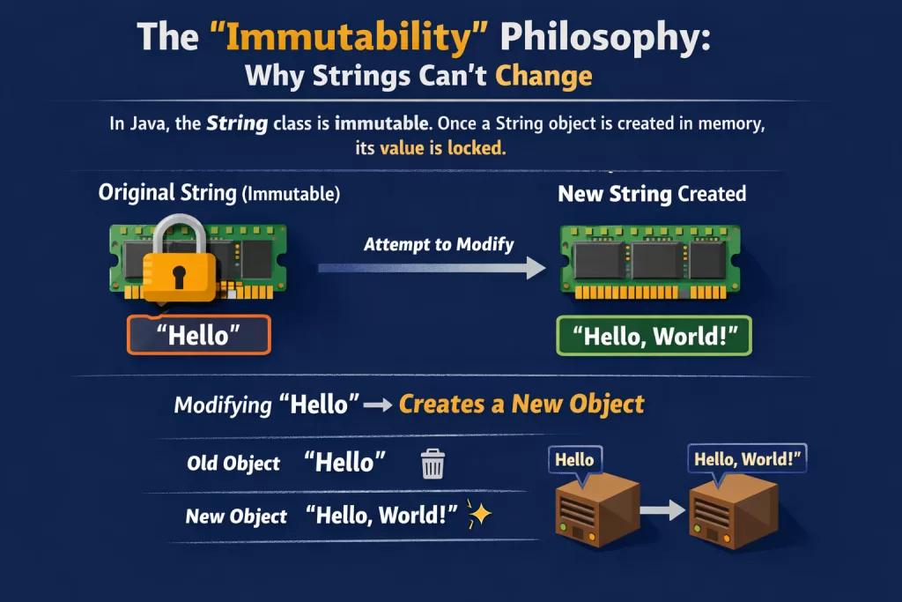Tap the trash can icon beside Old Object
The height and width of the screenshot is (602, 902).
(x=433, y=464)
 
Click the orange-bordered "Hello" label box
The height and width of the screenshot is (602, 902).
(x=199, y=335)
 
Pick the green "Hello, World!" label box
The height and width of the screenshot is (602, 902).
(x=654, y=336)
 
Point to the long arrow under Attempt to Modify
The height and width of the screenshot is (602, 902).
(x=432, y=268)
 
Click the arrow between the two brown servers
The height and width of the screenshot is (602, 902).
(x=662, y=510)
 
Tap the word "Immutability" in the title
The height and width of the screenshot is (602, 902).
(x=349, y=37)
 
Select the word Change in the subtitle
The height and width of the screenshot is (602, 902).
(x=543, y=77)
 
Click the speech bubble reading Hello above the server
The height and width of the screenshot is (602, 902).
(x=575, y=460)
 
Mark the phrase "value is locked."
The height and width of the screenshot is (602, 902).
(x=443, y=148)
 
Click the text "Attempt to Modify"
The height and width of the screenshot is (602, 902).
(x=439, y=245)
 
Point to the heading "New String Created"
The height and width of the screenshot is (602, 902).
(x=652, y=194)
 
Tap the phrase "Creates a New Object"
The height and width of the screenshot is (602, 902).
(x=521, y=404)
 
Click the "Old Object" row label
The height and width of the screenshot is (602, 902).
(x=233, y=464)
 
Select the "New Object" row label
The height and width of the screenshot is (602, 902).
(x=236, y=517)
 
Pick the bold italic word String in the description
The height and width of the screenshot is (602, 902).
(x=237, y=123)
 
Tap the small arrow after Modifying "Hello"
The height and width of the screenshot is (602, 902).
(x=378, y=405)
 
